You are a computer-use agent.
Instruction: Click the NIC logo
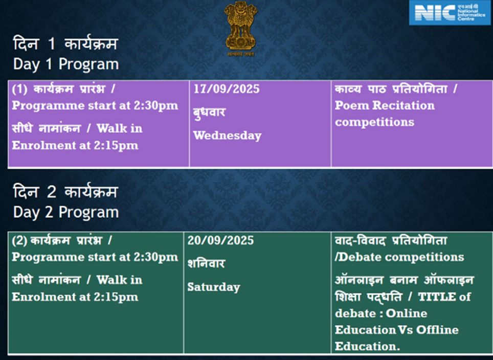click(x=451, y=13)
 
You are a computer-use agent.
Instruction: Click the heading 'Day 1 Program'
click(x=66, y=64)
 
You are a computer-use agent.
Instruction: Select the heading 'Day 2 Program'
click(x=66, y=213)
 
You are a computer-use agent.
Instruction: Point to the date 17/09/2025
click(x=227, y=89)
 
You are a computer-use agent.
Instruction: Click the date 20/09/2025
click(x=220, y=240)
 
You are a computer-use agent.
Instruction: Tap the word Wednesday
click(x=227, y=136)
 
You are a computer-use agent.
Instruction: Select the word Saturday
click(x=214, y=287)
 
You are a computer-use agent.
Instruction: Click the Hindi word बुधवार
click(x=209, y=112)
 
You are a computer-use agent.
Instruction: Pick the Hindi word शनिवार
click(x=206, y=263)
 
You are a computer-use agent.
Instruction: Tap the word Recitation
click(x=404, y=106)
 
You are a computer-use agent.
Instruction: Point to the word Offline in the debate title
click(x=437, y=330)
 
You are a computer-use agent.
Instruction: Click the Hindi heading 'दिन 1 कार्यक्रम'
click(x=65, y=43)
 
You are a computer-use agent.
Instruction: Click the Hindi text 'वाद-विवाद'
click(x=360, y=241)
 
